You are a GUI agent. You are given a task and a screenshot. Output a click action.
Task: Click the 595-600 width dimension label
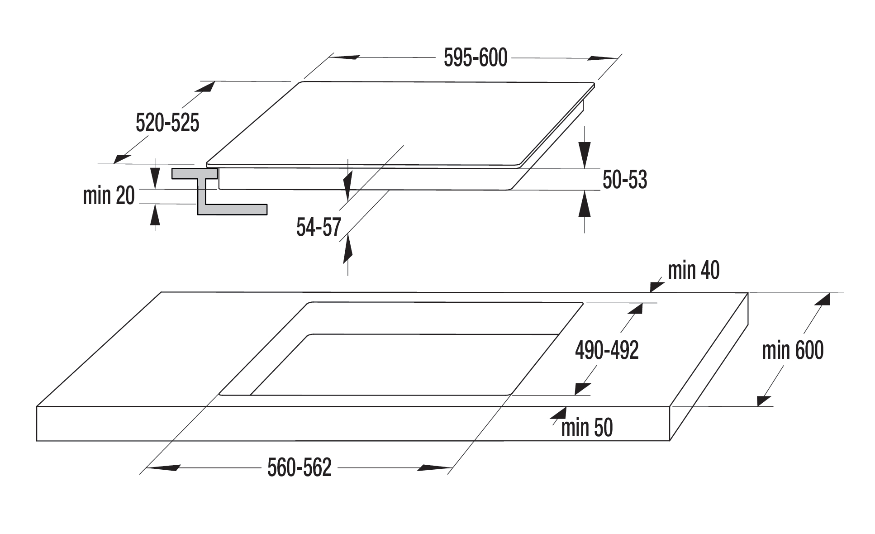tap(476, 58)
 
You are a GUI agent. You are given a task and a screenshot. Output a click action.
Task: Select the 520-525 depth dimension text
tap(167, 123)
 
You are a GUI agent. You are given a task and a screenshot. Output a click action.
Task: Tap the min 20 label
tap(109, 195)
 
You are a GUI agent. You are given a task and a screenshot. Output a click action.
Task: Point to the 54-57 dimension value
tap(319, 227)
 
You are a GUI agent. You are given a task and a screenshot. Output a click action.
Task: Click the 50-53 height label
tap(625, 180)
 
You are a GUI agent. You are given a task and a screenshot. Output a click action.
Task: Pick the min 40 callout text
tap(694, 270)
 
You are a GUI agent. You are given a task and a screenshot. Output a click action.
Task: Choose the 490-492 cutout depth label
tap(607, 350)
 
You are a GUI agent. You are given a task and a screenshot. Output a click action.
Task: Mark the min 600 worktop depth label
tap(793, 350)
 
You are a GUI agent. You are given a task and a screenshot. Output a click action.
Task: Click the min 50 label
tap(587, 428)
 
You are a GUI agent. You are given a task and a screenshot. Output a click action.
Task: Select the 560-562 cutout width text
tap(300, 467)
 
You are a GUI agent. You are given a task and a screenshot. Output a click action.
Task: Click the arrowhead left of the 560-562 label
tap(164, 467)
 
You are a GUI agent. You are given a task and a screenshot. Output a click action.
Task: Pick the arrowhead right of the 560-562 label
tap(434, 467)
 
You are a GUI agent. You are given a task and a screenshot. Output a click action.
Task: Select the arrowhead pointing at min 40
tap(657, 286)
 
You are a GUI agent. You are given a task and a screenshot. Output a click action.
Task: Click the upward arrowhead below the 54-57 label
tap(347, 249)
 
